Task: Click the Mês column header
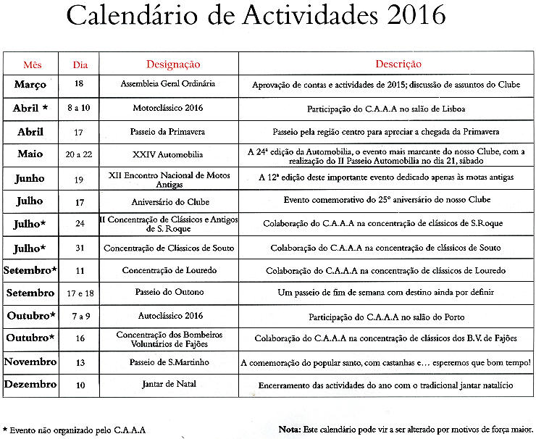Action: pos(32,64)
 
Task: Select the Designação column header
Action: pos(173,64)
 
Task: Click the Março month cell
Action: pos(30,85)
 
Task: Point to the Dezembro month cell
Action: pos(30,385)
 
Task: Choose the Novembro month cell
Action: pos(30,361)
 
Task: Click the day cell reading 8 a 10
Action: pos(79,109)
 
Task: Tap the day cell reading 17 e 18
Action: pos(80,293)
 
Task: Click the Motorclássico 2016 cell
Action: pos(168,108)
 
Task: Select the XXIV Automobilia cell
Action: pos(168,155)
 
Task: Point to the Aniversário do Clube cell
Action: pos(168,201)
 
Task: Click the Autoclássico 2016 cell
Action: pos(169,317)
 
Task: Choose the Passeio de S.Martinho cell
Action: pos(168,361)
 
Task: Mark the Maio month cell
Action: pos(30,154)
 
